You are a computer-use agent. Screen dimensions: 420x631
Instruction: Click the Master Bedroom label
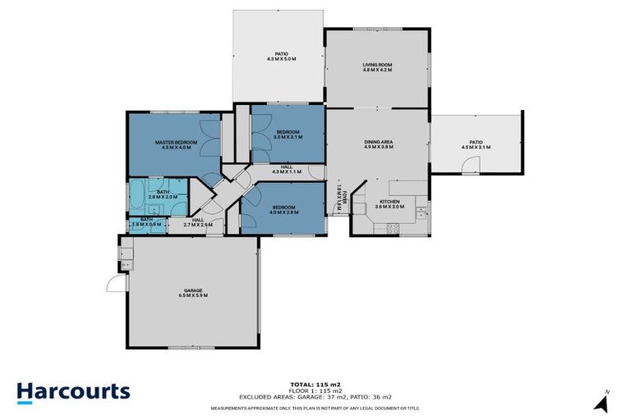click(x=173, y=145)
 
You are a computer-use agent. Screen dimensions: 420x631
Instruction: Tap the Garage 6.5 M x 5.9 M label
click(x=193, y=293)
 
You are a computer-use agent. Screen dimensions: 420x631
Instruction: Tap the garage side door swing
click(x=113, y=284)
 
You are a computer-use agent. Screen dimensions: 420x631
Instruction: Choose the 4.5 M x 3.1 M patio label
click(x=476, y=145)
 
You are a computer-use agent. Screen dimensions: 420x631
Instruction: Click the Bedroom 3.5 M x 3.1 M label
click(x=287, y=135)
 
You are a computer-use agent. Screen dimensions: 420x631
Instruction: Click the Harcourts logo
click(x=73, y=390)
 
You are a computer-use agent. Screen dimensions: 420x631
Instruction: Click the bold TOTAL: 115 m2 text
click(x=315, y=384)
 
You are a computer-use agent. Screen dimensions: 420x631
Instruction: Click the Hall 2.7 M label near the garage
click(x=197, y=222)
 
